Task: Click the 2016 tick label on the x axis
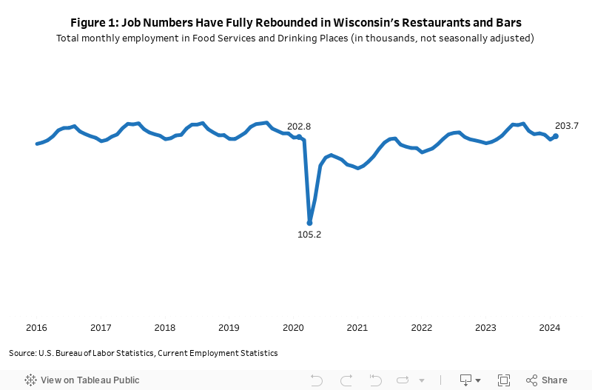(x=36, y=328)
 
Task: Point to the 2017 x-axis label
(x=101, y=328)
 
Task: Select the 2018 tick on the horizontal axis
(x=165, y=328)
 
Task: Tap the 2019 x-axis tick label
(x=229, y=328)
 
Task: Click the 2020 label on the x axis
(x=293, y=328)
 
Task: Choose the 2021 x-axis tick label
(x=357, y=328)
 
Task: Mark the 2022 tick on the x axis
(x=421, y=328)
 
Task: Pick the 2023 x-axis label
(x=485, y=328)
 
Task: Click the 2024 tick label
(x=550, y=328)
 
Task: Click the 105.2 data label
(x=309, y=235)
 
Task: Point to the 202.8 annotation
(x=299, y=127)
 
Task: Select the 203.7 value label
(x=566, y=126)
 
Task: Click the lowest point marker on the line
(x=309, y=223)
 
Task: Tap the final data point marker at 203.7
(x=556, y=136)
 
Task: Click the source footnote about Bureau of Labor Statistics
(x=143, y=353)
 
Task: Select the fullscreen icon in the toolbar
(x=504, y=380)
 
